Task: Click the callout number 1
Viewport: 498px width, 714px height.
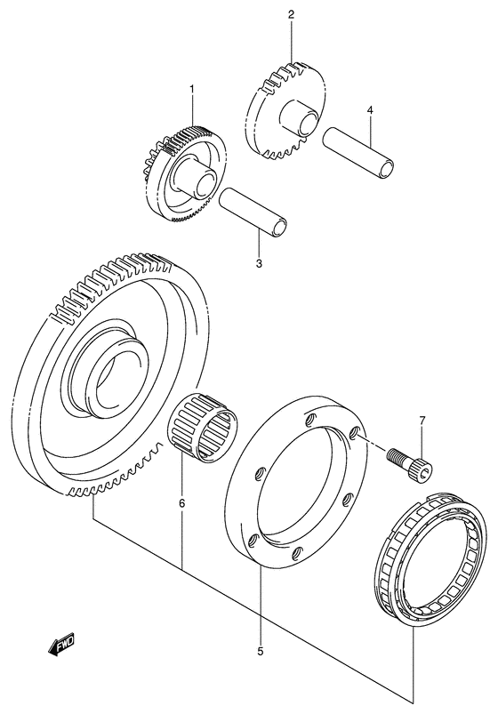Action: [191, 90]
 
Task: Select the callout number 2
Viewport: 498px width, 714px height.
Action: [290, 15]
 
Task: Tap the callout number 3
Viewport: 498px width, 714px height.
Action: [259, 263]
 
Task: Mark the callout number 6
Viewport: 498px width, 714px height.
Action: [181, 504]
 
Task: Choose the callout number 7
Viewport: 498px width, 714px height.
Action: [422, 420]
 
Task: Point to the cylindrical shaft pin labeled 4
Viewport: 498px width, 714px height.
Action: [357, 152]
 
